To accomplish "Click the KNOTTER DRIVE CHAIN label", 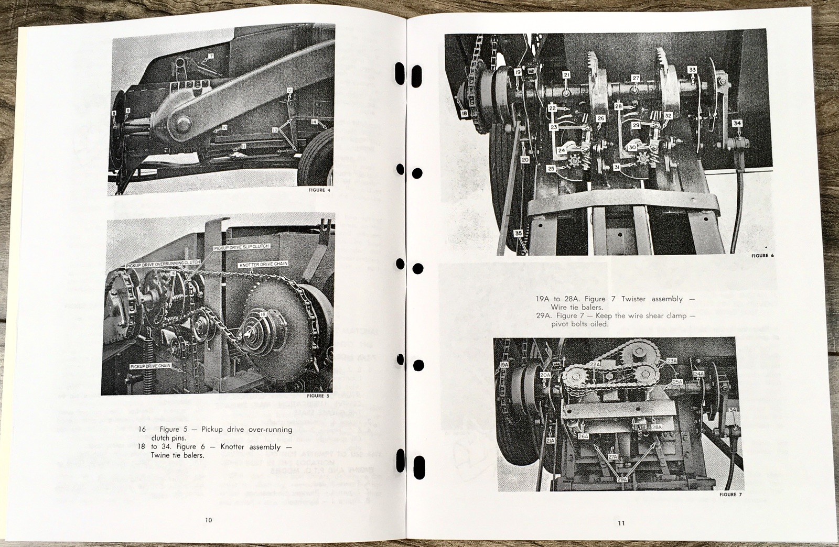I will coord(263,264).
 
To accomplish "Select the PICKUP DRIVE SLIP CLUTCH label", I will coord(241,246).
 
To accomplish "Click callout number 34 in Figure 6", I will coord(737,124).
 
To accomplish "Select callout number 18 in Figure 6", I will coord(464,113).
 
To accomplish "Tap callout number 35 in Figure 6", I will coord(518,234).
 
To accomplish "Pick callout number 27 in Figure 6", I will coord(636,78).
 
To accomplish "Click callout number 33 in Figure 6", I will coord(692,70).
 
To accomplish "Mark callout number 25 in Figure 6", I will coord(551,169).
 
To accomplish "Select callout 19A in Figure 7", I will coord(504,364).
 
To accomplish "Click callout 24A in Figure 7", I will coord(698,374).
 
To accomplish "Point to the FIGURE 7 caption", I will coord(730,495).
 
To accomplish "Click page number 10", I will coord(208,520).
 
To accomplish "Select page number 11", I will coord(621,523).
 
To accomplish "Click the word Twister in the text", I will coord(633,299).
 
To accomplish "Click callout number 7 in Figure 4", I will coord(211,56).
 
